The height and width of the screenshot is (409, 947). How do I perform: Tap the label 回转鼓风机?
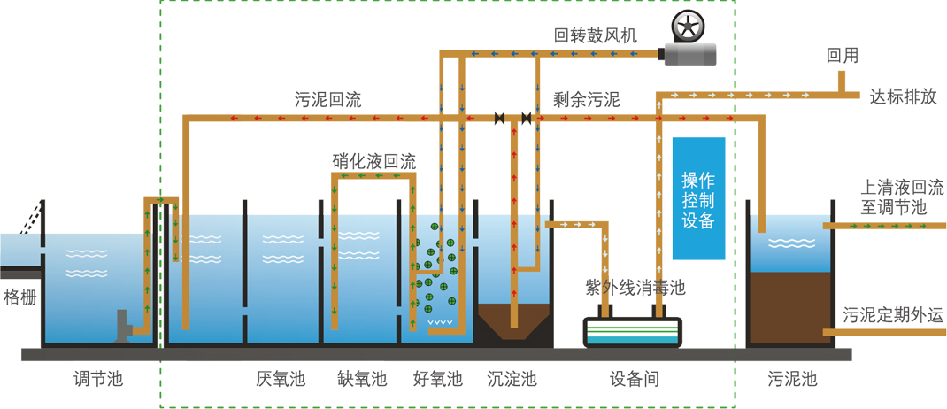(x=595, y=35)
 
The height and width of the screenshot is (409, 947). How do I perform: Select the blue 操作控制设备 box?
(x=698, y=198)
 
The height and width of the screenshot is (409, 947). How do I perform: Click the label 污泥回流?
(x=327, y=99)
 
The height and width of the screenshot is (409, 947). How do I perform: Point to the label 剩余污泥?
(x=586, y=99)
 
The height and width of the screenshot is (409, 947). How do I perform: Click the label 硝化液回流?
(x=373, y=161)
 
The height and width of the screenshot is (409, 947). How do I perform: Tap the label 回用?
(x=842, y=55)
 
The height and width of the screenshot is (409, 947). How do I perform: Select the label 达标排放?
(x=903, y=96)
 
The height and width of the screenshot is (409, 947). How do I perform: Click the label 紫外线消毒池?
(x=635, y=287)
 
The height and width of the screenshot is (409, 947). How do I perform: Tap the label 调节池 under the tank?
(x=97, y=380)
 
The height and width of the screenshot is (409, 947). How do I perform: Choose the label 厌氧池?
(x=281, y=380)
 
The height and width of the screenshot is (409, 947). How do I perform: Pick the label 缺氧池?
(x=362, y=380)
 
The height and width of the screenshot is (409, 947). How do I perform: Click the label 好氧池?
(x=438, y=380)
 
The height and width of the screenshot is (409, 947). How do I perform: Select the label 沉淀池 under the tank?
(x=512, y=380)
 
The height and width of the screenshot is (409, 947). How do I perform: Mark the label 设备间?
(x=635, y=380)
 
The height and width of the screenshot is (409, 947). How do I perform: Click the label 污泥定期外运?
(x=891, y=315)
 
